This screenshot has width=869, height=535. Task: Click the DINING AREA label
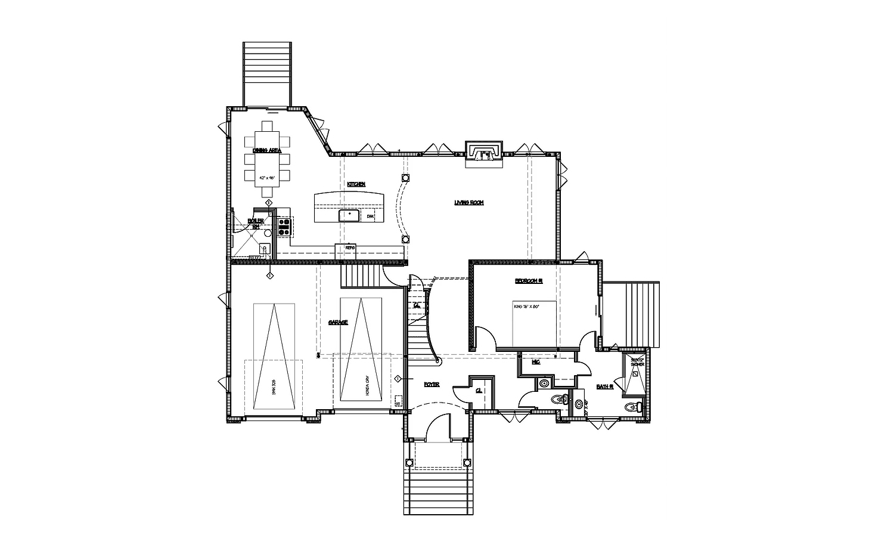coord(266,151)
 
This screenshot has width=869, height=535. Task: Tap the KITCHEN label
coord(356,184)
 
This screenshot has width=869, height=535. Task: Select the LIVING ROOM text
coord(468,203)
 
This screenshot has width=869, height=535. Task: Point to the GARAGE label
coord(338,322)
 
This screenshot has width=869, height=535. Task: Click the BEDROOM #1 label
coord(529,280)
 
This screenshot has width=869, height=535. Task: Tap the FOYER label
coord(432,385)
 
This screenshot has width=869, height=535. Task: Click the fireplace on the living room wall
coord(484,152)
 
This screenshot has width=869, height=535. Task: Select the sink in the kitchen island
coord(349,215)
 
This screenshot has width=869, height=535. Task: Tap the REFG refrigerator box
coord(350,248)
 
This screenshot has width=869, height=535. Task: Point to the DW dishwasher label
coord(370,217)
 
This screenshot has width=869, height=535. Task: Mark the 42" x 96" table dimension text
coord(266,178)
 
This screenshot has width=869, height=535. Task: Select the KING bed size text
coord(526,307)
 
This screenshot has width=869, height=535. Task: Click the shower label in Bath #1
coord(637,363)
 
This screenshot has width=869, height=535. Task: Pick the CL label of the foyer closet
coord(479,391)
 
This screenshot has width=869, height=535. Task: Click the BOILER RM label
coord(255,224)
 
